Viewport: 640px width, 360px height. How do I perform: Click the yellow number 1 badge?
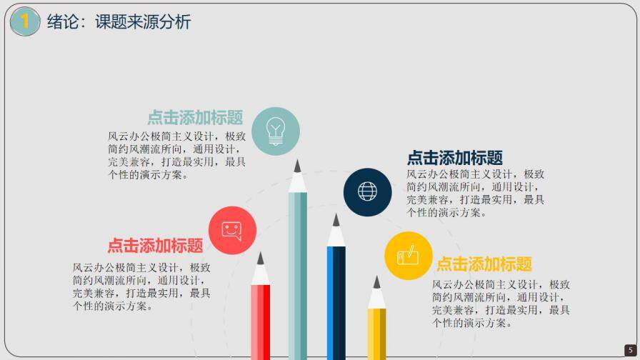pos(25,21)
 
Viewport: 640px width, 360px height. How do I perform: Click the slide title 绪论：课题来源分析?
pos(119,22)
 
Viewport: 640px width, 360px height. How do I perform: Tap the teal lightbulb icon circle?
pos(276,131)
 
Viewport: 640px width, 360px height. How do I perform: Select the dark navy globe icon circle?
pos(367,191)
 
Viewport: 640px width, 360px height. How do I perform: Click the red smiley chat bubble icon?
pos(232,230)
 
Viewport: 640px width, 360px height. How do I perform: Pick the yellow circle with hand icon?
pos(408,255)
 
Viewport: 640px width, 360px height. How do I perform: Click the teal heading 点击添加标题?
pos(195,118)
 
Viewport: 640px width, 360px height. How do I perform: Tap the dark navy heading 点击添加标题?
pos(455,158)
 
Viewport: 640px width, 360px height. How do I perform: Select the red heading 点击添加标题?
pos(155,246)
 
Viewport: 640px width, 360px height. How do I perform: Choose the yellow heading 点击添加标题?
pos(484,264)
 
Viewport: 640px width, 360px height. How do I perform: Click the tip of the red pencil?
pos(260,256)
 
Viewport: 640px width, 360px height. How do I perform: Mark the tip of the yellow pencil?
pos(376,281)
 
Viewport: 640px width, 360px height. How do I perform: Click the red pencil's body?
pos(260,321)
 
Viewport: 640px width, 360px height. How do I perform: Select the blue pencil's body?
pos(336,300)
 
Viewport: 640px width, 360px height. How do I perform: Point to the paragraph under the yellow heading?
pos(501,304)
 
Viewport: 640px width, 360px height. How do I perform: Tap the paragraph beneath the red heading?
pos(141,286)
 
